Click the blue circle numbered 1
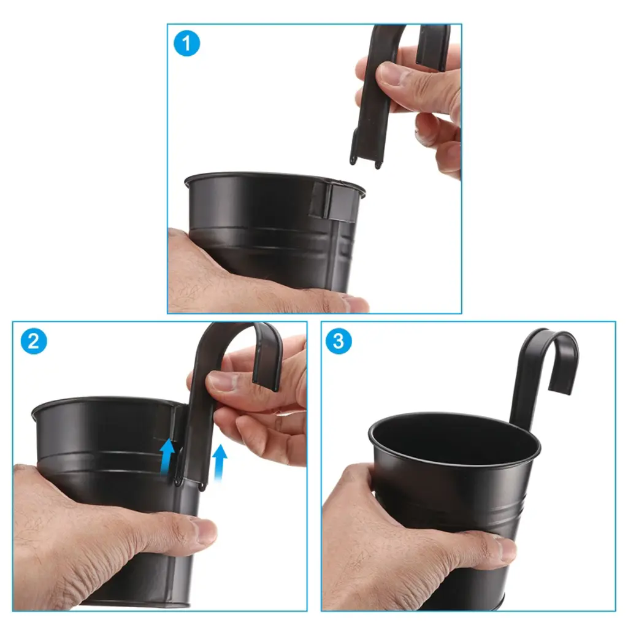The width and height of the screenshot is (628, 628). pyautogui.click(x=186, y=44)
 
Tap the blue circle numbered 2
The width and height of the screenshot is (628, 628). pyautogui.click(x=34, y=341)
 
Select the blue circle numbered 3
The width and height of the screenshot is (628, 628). pyautogui.click(x=339, y=341)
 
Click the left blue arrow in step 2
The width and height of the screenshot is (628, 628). pyautogui.click(x=167, y=456)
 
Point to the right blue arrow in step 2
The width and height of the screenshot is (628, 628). pyautogui.click(x=219, y=462)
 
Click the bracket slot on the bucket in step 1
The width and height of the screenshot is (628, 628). pyautogui.click(x=332, y=201)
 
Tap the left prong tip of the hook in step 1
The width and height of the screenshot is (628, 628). pyautogui.click(x=353, y=159)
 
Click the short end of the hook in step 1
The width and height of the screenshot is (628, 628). pyautogui.click(x=432, y=46)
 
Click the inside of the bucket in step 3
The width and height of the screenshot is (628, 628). pyautogui.click(x=453, y=440)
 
